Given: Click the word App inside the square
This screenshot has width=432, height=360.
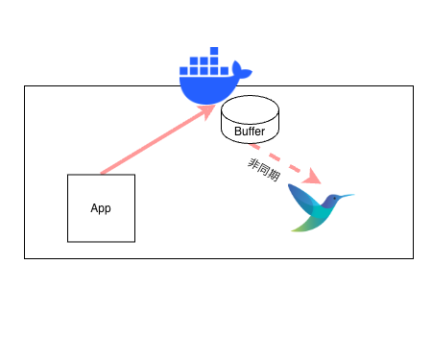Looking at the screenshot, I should pyautogui.click(x=101, y=208).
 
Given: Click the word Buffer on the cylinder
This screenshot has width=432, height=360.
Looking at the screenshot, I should pyautogui.click(x=250, y=131).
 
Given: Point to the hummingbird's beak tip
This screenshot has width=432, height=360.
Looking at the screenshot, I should pyautogui.click(x=354, y=195).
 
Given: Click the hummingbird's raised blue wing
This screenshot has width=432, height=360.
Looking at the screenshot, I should pyautogui.click(x=301, y=196).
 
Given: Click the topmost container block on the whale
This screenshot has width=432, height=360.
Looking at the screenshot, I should pyautogui.click(x=214, y=50).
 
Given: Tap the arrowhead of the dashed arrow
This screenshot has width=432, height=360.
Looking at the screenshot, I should pyautogui.click(x=314, y=179).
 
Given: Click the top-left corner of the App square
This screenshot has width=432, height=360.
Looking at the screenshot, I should pyautogui.click(x=67, y=175).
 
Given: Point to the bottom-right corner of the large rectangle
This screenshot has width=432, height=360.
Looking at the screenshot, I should pyautogui.click(x=413, y=257).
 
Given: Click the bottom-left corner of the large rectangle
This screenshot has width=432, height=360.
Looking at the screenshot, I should pyautogui.click(x=24, y=257).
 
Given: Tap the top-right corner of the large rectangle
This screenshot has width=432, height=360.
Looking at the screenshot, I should pyautogui.click(x=413, y=86).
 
